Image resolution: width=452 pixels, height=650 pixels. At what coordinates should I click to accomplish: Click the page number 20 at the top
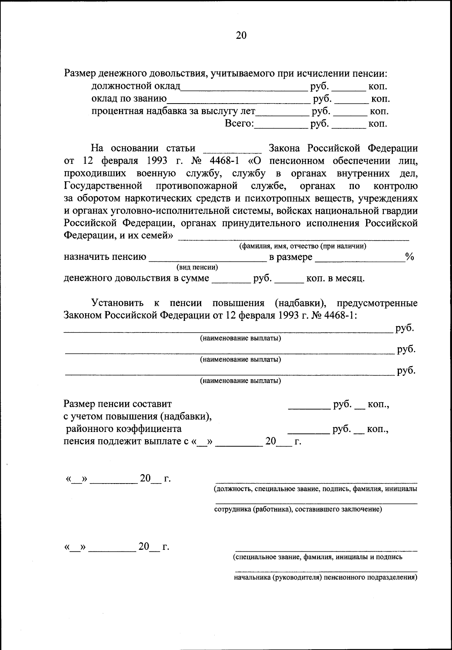point(241,35)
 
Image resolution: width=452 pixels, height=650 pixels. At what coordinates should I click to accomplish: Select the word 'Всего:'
point(240,124)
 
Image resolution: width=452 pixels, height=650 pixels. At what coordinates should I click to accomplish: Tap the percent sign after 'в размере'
point(410,257)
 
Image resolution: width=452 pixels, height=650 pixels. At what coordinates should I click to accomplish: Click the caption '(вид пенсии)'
point(197,268)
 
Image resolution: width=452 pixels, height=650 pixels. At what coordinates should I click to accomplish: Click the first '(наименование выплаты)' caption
point(241,338)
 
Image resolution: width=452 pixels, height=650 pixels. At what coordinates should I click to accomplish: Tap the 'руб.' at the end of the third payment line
point(406,371)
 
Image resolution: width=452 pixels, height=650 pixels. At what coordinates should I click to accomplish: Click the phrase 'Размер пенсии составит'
point(118,404)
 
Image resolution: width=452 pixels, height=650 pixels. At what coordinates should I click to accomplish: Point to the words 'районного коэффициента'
point(124,429)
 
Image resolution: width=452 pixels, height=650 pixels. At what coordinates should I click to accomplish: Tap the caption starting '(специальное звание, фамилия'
point(318,557)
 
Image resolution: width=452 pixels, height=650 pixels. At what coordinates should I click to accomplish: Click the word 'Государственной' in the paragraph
point(103,186)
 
